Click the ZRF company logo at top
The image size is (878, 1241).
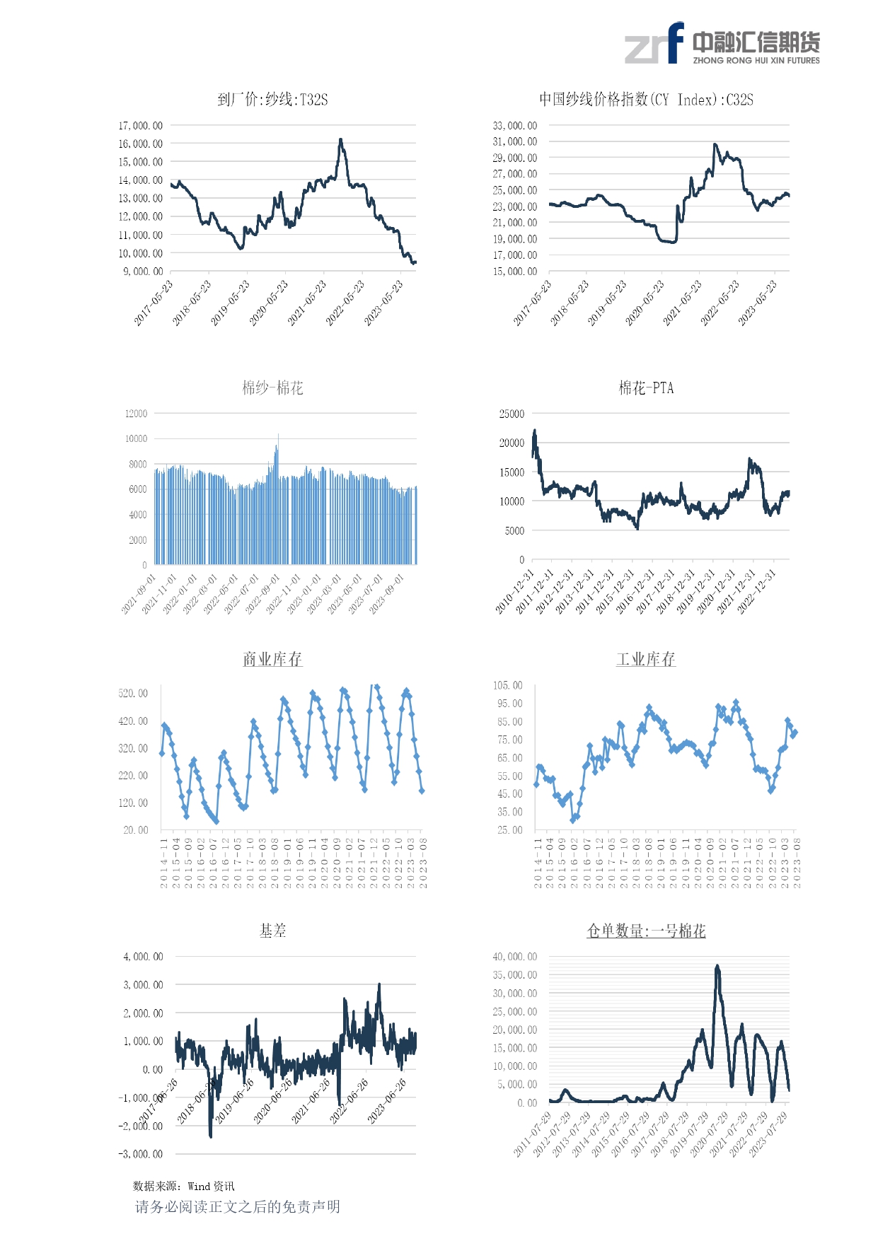(x=722, y=44)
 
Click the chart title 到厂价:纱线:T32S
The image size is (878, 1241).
(x=272, y=100)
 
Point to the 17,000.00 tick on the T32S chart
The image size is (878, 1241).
(x=140, y=126)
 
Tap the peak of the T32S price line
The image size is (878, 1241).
(x=340, y=140)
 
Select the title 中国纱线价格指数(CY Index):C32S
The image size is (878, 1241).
(x=645, y=100)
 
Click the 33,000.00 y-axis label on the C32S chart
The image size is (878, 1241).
(x=514, y=126)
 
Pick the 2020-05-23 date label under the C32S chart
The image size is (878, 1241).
(x=645, y=303)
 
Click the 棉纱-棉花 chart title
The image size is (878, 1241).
(x=272, y=388)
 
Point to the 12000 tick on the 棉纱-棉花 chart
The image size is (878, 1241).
(x=136, y=414)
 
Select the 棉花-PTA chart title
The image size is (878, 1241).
(x=646, y=388)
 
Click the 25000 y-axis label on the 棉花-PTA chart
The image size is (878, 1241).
(x=512, y=414)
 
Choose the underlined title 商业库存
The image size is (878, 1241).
(x=272, y=659)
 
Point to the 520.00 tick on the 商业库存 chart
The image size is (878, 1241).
(x=133, y=694)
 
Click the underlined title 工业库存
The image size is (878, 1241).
(x=645, y=659)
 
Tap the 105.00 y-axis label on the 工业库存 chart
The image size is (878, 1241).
(x=507, y=685)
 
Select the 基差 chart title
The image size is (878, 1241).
(x=272, y=931)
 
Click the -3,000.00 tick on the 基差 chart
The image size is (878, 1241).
(x=140, y=1154)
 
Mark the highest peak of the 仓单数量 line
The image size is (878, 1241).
(x=717, y=966)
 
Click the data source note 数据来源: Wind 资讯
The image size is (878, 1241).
(x=183, y=1186)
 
